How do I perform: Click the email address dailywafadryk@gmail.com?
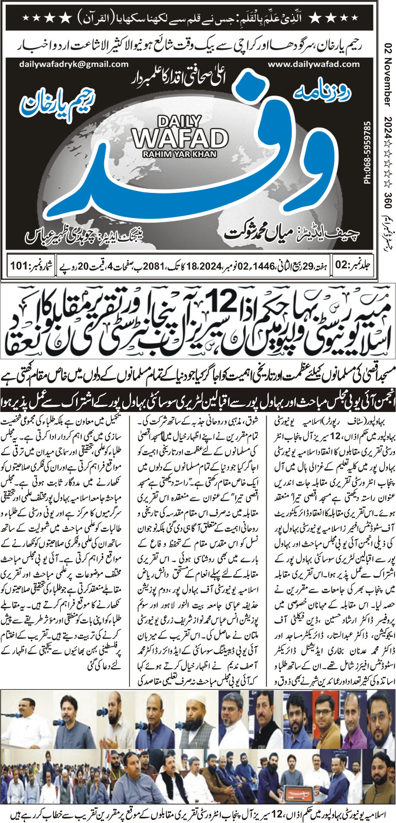[x=73, y=64]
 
